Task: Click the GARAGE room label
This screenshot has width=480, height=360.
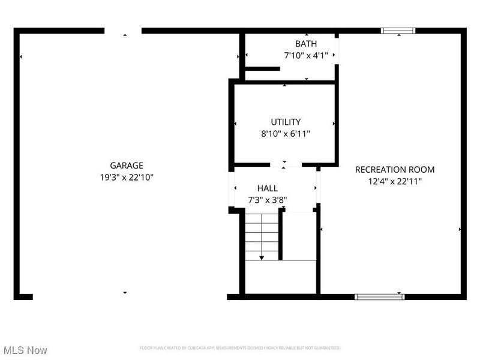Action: (x=126, y=166)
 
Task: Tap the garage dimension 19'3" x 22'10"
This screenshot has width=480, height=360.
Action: (x=126, y=177)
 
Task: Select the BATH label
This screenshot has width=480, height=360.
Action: (x=306, y=44)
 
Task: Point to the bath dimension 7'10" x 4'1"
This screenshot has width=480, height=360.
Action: (x=306, y=55)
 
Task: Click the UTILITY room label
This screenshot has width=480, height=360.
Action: (x=286, y=122)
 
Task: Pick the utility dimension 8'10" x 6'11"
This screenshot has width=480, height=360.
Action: (x=286, y=134)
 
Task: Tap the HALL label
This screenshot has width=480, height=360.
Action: (x=268, y=188)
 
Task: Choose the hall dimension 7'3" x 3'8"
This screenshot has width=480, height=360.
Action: (x=268, y=200)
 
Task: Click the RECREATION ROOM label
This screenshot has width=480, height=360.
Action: (x=395, y=170)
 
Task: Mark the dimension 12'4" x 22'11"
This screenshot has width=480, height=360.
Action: (x=395, y=181)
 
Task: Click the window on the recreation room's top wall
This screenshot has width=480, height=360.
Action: (x=398, y=30)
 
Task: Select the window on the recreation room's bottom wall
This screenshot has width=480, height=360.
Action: (x=379, y=296)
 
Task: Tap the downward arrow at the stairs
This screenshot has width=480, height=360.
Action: (x=262, y=257)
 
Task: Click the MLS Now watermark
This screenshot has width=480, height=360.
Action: (x=25, y=350)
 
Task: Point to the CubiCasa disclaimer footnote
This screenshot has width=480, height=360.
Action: (x=240, y=348)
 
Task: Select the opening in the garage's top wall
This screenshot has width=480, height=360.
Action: (x=123, y=30)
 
